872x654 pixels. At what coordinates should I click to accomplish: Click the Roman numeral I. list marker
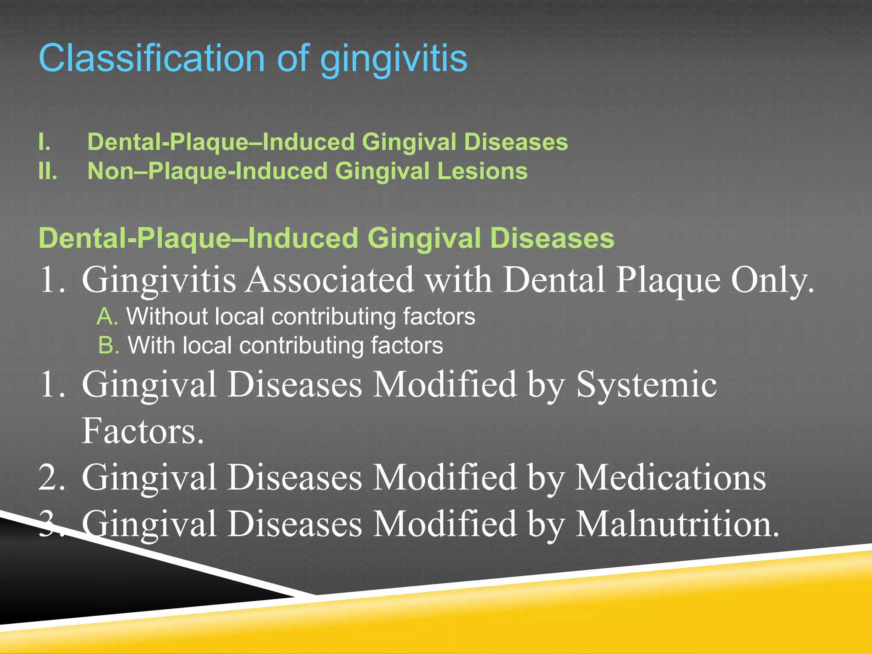coord(44,142)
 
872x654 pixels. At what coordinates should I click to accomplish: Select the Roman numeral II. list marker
coord(48,171)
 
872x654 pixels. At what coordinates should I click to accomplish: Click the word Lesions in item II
coord(482,171)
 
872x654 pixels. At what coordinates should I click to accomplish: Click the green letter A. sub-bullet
coord(107,317)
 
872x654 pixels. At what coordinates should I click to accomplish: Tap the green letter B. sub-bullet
coord(108,345)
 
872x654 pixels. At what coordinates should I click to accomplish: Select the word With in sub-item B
coord(151,345)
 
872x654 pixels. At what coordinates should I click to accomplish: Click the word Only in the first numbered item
coord(772,280)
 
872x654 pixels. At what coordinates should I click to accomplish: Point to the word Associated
coord(330,280)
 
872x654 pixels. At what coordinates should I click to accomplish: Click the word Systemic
coord(646,384)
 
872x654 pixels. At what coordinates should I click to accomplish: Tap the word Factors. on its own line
coord(143,431)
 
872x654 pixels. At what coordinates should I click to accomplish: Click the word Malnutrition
coord(677,524)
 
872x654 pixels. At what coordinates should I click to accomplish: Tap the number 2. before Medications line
coord(51,477)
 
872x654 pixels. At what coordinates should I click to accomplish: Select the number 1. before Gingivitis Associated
coord(51,280)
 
